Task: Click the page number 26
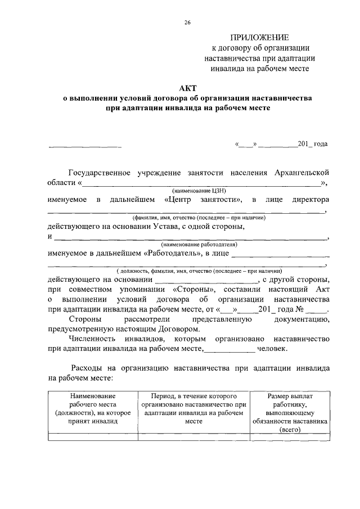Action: coord(187,22)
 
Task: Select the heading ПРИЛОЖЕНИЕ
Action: coord(259,38)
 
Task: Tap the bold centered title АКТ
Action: coord(187,88)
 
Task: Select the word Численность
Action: coord(91,339)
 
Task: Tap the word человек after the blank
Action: coord(272,349)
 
